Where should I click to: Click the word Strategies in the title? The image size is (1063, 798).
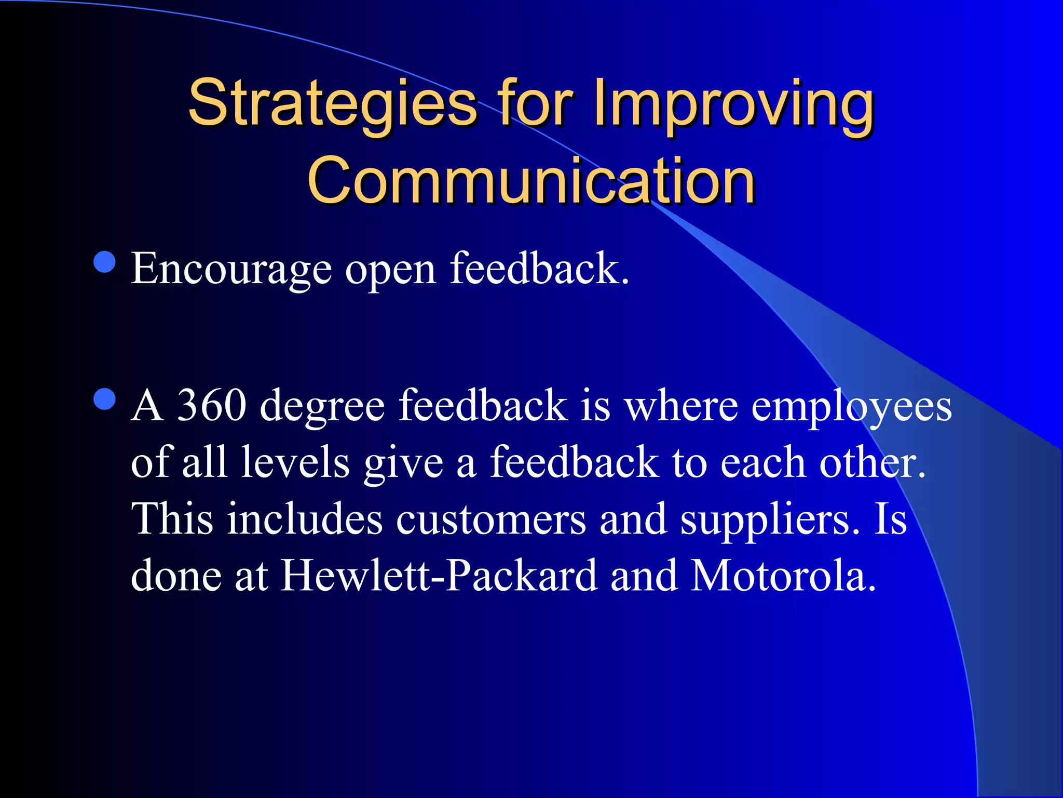[x=332, y=104]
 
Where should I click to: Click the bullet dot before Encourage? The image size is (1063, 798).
[x=105, y=262]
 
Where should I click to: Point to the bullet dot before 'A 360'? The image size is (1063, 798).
[x=105, y=400]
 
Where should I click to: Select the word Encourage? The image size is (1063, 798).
[x=231, y=269]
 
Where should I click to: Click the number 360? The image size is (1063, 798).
[x=211, y=405]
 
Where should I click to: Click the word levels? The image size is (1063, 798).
[x=295, y=462]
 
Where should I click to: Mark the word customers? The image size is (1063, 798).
[x=490, y=520]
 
